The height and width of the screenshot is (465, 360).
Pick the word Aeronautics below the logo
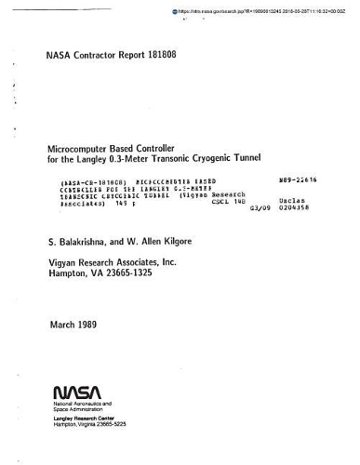pyautogui.click(x=94, y=405)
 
